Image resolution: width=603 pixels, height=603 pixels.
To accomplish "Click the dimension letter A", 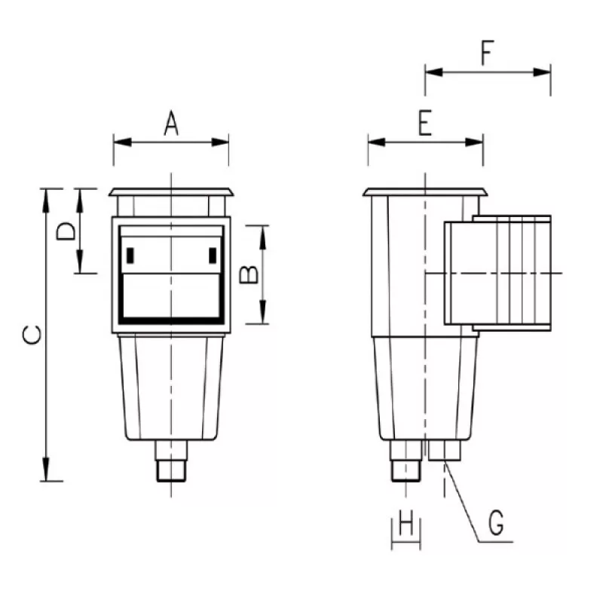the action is tap(171, 123).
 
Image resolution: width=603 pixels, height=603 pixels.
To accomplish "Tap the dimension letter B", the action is tap(249, 274).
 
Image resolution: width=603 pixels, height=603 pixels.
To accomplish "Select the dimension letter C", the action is tap(32, 334).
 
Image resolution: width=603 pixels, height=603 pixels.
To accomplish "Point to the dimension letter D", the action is tap(66, 231).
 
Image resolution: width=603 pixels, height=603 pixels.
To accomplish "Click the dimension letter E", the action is tap(425, 123).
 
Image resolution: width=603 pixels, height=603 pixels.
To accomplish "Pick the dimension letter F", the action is tap(487, 53).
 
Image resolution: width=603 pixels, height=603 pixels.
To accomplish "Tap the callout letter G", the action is tap(496, 522).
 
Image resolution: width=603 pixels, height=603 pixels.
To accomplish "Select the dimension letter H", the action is tap(406, 522).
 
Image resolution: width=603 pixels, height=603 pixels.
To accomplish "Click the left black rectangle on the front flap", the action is tap(130, 256).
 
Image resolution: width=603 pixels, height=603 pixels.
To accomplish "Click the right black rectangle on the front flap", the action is tap(213, 256).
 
